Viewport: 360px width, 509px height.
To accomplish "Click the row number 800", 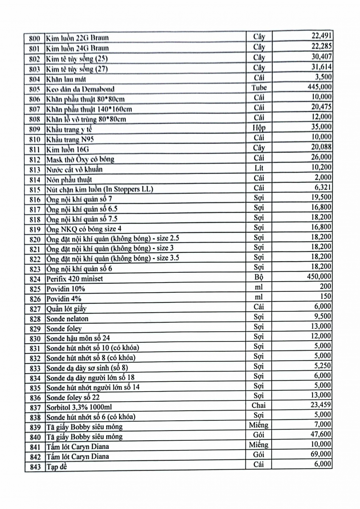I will pyautogui.click(x=35, y=38).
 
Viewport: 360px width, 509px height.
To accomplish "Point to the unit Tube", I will pyautogui.click(x=259, y=87).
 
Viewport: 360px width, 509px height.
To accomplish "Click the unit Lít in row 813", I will pyautogui.click(x=259, y=168).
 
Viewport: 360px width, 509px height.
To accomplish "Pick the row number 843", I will pyautogui.click(x=35, y=467).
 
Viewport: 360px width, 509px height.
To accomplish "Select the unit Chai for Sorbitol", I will pyautogui.click(x=259, y=405).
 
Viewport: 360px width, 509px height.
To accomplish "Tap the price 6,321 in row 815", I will pyautogui.click(x=323, y=187).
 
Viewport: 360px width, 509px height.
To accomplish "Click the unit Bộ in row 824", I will pyautogui.click(x=259, y=277).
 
